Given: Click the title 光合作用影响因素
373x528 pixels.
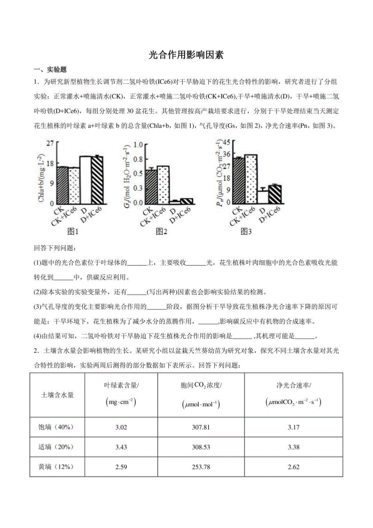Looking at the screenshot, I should pyautogui.click(x=186, y=55).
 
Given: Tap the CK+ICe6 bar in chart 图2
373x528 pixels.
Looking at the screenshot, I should pyautogui.click(x=163, y=185).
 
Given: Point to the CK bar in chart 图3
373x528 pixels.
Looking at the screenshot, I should pyautogui.click(x=240, y=180).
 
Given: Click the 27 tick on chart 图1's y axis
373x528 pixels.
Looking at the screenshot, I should pyautogui.click(x=50, y=143).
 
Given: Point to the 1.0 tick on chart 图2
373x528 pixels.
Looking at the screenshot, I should pyautogui.click(x=138, y=144).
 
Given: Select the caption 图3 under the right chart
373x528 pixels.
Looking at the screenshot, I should pyautogui.click(x=247, y=232).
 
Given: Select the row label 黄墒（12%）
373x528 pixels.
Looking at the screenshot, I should pyautogui.click(x=58, y=467).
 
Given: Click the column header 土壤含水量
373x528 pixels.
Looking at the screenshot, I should pyautogui.click(x=58, y=395).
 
